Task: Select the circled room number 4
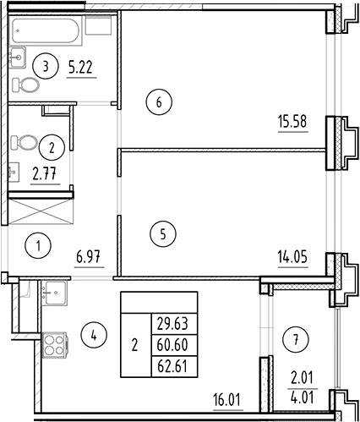tap(95, 335)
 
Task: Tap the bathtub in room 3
tap(49, 31)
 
